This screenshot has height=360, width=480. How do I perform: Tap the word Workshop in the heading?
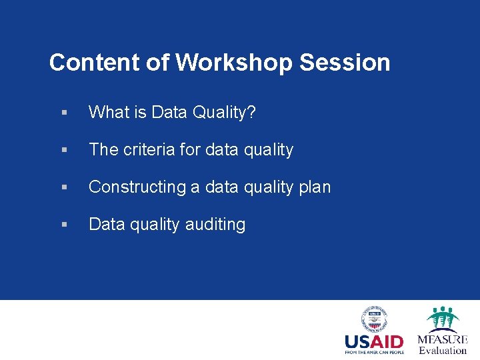234,63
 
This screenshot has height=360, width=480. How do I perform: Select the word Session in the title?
345,63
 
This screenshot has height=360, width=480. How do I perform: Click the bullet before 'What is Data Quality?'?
63,113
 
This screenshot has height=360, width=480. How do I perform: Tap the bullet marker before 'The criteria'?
63,151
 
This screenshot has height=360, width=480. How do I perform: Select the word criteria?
150,150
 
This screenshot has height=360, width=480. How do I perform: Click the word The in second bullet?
103,150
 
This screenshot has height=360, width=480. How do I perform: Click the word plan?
315,187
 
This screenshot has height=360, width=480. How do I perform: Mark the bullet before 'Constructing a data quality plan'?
63,188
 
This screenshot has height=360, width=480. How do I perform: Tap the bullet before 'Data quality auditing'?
63,225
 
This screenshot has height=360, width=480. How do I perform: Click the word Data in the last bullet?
107,225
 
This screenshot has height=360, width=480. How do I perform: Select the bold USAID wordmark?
374,342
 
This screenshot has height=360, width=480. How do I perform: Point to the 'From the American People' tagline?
374,352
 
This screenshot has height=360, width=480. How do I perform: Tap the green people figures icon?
443,319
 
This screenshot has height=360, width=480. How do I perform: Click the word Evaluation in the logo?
443,350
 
